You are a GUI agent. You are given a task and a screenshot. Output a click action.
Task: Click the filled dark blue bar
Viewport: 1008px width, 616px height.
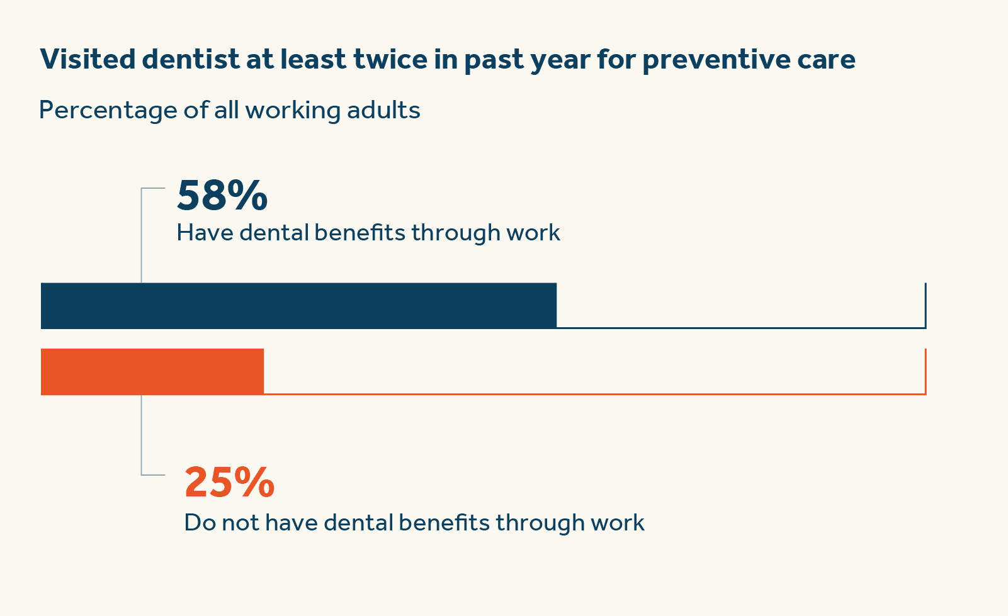[298, 306]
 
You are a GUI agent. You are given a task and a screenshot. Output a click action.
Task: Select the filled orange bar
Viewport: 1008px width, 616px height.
[152, 372]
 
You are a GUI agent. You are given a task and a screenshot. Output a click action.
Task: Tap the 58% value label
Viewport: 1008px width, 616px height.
[222, 196]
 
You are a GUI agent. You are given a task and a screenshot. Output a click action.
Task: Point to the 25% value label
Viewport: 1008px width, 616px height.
[229, 483]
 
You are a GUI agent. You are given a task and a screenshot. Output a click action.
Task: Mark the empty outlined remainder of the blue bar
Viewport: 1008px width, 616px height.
[740, 306]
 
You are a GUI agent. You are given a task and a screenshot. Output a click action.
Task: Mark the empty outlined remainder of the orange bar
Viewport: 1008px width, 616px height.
[594, 372]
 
